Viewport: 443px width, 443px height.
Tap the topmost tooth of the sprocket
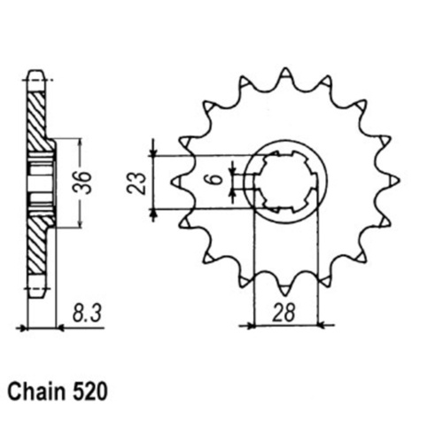tap(284, 73)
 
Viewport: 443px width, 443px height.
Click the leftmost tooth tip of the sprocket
tap(173, 183)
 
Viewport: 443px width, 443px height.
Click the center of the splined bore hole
tap(285, 183)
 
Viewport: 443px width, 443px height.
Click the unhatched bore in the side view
tap(39, 183)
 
